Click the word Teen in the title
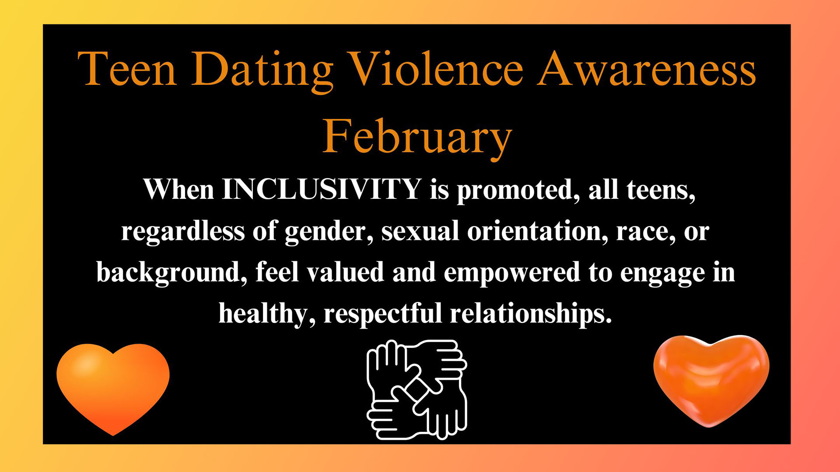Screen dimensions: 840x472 (127, 69)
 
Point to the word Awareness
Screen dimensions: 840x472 (647, 69)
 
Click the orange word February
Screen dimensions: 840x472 (417, 139)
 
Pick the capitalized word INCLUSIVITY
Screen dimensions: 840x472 (322, 189)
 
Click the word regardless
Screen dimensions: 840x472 (183, 231)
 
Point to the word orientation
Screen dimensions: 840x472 (538, 231)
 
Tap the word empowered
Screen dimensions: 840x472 (512, 274)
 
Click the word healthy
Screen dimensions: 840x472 (267, 314)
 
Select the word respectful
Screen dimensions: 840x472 (383, 314)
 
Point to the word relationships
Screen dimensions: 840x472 (531, 314)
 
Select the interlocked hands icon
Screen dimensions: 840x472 (417, 390)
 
